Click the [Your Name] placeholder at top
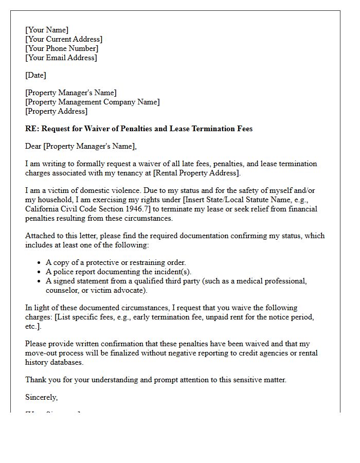pos(47,30)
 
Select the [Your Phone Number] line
pos(62,48)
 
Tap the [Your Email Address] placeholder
pos(61,58)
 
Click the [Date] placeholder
pos(35,75)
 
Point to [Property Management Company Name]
pos(92,102)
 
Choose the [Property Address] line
pos(56,111)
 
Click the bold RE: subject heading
pos(139,129)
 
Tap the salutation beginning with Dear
pos(81,146)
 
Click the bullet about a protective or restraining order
pos(116,262)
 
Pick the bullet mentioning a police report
pos(118,272)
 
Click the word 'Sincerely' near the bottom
pos(41,397)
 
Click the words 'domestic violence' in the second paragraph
pos(100,190)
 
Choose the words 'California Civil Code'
pos(62,209)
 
